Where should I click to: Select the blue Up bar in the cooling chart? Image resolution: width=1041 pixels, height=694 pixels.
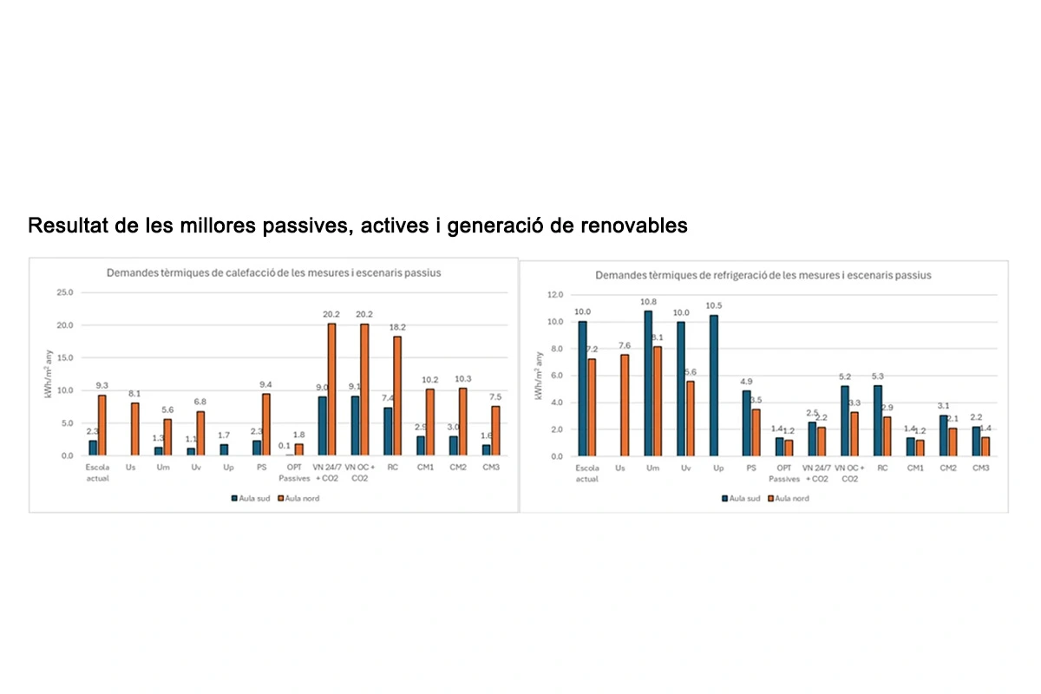[713, 385]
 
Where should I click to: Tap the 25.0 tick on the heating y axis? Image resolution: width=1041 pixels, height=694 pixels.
[65, 292]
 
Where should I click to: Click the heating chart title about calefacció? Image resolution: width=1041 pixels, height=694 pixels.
[273, 272]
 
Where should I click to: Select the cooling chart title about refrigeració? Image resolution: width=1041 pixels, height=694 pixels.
[763, 275]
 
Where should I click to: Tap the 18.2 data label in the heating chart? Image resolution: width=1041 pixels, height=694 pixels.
[397, 328]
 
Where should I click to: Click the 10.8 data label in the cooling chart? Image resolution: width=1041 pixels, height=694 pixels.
[646, 302]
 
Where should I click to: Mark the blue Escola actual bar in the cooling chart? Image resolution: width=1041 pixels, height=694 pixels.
[582, 389]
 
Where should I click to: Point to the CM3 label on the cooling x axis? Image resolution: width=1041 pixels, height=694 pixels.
[980, 468]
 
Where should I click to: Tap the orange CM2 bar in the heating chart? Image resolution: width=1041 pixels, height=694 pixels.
[463, 422]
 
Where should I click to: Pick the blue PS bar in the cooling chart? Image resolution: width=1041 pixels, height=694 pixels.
[746, 423]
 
